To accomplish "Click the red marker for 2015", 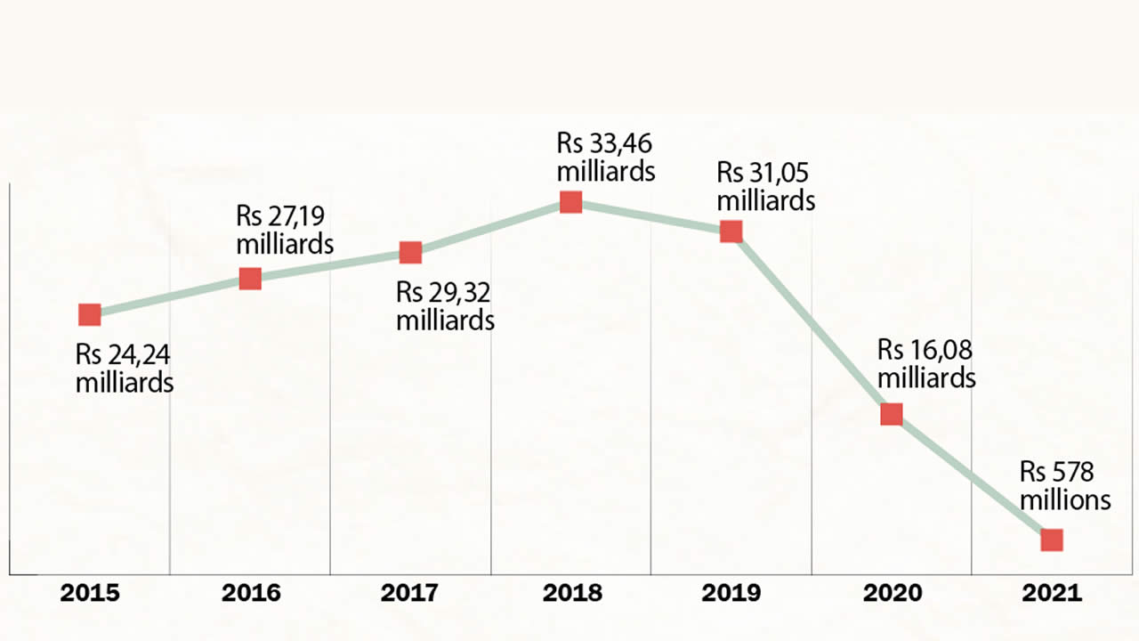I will tap(89, 314).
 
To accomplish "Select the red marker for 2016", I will tap(250, 279).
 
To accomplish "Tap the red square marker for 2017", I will tap(410, 253).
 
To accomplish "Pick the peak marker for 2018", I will tap(570, 202).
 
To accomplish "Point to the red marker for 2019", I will tap(731, 231).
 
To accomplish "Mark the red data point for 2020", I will tap(892, 414).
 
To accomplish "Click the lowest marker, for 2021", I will tap(1052, 540).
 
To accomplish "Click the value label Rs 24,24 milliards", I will tap(124, 369).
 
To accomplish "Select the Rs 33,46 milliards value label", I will tap(606, 157).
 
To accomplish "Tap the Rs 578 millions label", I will tap(1065, 485).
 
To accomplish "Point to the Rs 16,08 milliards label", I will tap(926, 363).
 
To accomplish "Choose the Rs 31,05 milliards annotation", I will tap(766, 187).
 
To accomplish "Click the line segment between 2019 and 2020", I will tap(811, 322).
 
